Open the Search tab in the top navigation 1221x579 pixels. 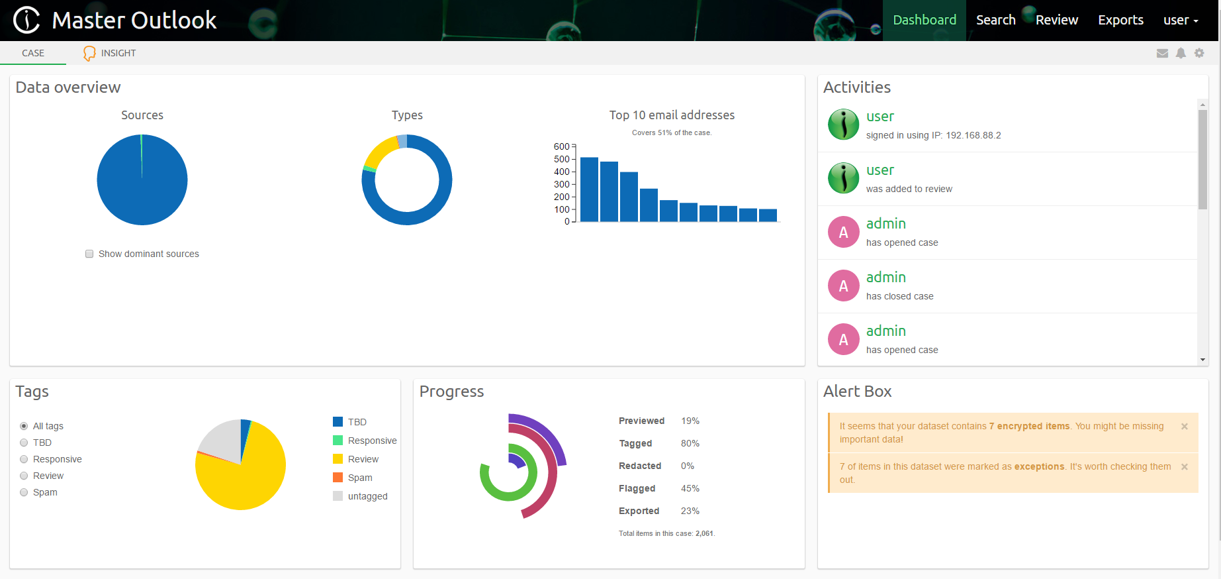coord(995,20)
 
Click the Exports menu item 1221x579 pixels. coord(1120,20)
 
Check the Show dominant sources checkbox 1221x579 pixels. coord(89,254)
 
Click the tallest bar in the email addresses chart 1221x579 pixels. coord(589,189)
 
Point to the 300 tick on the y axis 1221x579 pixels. coord(561,184)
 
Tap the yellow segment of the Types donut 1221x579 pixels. coord(379,152)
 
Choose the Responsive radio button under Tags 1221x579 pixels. coord(24,459)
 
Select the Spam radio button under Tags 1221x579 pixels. coord(24,492)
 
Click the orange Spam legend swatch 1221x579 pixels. coord(338,478)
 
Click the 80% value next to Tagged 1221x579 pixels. coord(690,443)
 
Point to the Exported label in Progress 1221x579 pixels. coord(639,511)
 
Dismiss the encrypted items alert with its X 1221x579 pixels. coord(1185,427)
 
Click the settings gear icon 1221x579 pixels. coord(1199,53)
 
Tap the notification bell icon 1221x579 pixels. coord(1181,53)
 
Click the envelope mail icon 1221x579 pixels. coord(1162,53)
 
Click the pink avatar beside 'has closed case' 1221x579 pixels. coord(844,286)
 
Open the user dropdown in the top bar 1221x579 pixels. coord(1181,20)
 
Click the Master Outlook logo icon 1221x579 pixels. coord(27,20)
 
